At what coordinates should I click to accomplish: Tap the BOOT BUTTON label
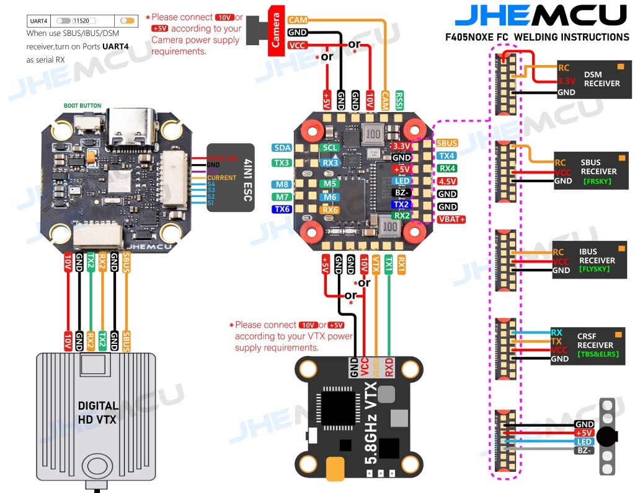click(x=82, y=106)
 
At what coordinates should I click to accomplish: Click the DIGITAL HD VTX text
click(x=98, y=412)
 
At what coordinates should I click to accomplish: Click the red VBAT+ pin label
click(x=451, y=219)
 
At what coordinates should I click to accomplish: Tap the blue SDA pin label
click(x=282, y=148)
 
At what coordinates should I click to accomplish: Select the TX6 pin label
click(x=282, y=209)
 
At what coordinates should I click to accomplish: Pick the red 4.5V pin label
click(x=447, y=181)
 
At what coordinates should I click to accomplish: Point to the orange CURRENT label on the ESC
click(x=221, y=178)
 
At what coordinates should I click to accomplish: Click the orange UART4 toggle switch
click(x=128, y=20)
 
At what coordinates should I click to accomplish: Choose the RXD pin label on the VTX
click(x=389, y=367)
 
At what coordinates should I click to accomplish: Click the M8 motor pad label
click(x=282, y=185)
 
